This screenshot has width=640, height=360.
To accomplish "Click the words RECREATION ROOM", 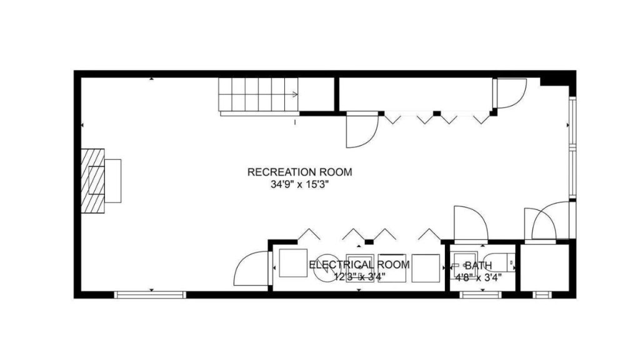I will coord(300,172).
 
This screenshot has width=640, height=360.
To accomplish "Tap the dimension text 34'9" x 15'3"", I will coord(300,184).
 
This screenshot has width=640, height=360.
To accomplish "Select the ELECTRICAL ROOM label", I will coord(359,264).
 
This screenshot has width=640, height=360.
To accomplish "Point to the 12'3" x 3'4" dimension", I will coord(359,276).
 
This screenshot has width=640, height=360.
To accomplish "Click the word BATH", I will coord(478,266).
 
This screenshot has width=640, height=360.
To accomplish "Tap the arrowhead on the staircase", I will coord(295,94).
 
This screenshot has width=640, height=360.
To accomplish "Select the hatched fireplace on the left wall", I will coord(92,181).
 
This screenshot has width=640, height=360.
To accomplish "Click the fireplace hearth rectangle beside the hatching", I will coord(113,181).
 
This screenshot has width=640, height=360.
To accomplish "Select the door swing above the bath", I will coord(470,224).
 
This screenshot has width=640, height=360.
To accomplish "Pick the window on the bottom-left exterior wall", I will coord(150,294).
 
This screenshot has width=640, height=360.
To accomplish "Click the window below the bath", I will coord(481,294).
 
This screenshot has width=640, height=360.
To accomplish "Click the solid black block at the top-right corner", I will coord(556,79).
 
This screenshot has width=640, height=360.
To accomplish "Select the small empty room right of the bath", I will coord(544,267).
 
